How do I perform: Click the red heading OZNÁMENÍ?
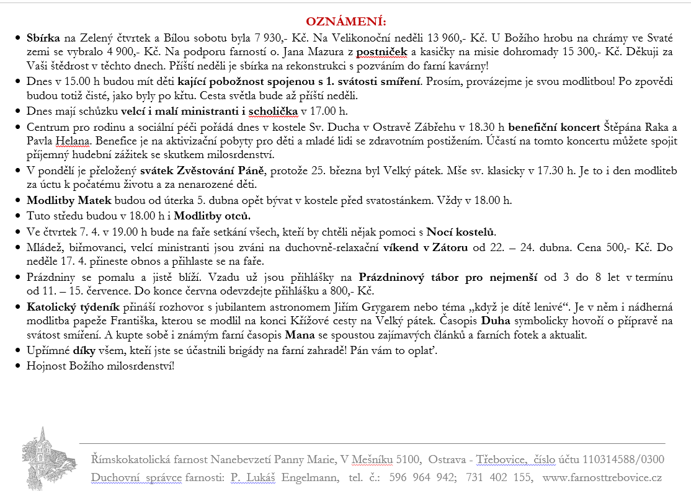point(345,22)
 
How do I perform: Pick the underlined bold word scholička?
point(273,112)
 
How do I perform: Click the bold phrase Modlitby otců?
point(212,216)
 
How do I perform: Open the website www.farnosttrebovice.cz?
point(602,477)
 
